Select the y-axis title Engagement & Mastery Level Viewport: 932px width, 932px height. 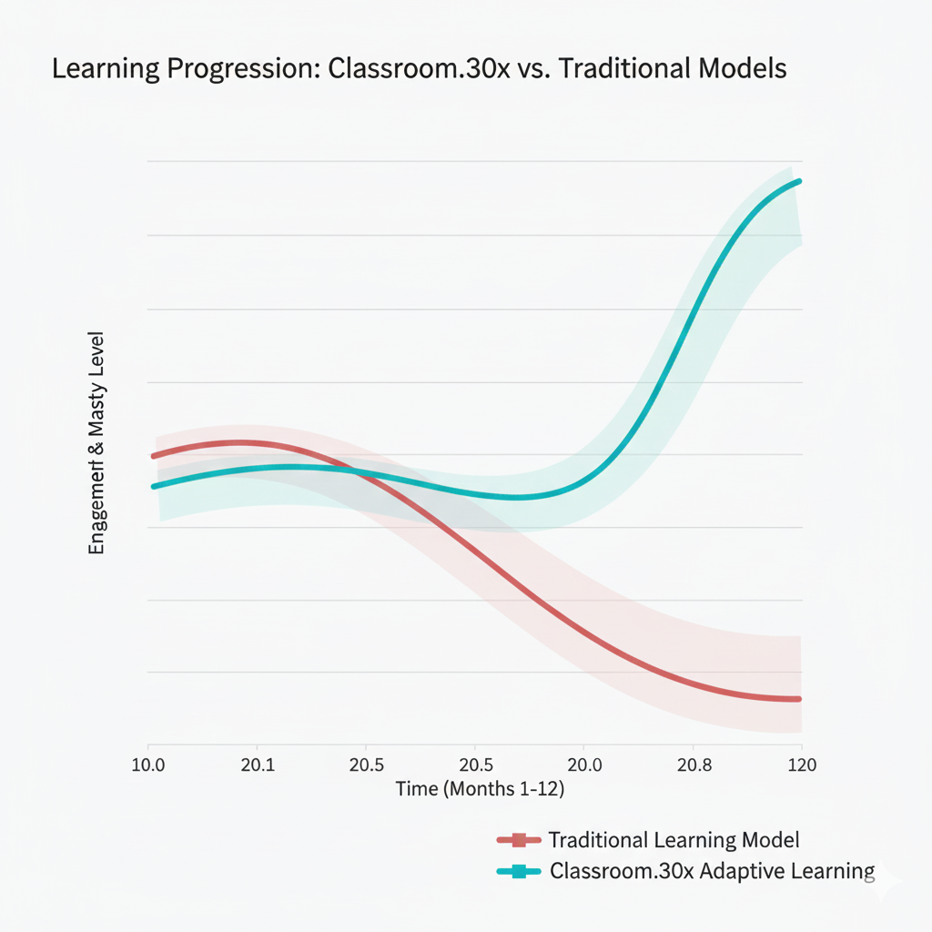(96, 443)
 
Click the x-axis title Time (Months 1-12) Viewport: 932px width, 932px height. (480, 789)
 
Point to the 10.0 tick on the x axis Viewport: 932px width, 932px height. (147, 764)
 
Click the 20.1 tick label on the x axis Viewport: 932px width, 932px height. (258, 764)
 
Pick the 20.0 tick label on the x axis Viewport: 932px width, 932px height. (583, 764)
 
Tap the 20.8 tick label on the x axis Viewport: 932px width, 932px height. (694, 764)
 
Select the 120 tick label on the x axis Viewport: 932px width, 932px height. (801, 764)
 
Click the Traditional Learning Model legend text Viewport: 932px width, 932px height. (674, 840)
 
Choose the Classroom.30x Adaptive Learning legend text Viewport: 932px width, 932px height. (712, 871)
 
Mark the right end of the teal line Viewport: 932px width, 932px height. (799, 181)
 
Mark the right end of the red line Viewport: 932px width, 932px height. (799, 699)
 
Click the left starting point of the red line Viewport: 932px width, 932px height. (153, 456)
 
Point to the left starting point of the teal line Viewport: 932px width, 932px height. (154, 486)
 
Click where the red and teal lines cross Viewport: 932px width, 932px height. (358, 471)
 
